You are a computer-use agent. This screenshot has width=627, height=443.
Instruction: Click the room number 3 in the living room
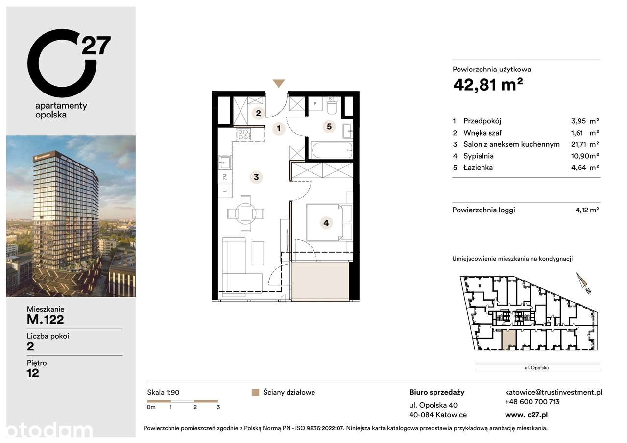(256, 177)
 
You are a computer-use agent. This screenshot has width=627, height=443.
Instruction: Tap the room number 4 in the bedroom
(326, 223)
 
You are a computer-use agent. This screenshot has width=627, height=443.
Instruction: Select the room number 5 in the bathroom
(329, 127)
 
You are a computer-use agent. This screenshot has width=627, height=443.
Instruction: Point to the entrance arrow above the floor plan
(279, 83)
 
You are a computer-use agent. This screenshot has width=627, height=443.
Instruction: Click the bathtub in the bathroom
(332, 150)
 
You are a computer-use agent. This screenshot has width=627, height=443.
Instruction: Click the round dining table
(245, 213)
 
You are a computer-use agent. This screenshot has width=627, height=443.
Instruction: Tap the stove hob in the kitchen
(243, 134)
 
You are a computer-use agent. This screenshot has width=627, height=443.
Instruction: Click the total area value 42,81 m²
(488, 85)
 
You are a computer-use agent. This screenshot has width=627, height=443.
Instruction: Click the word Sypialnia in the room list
(479, 156)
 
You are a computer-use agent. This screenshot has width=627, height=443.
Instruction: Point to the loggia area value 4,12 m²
(587, 210)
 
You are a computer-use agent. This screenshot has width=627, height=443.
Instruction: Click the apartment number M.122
(46, 320)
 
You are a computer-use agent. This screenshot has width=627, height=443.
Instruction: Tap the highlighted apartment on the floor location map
(509, 339)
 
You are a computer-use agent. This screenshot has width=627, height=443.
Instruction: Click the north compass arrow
(583, 282)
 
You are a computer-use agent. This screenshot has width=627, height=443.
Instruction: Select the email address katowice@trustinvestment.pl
(554, 392)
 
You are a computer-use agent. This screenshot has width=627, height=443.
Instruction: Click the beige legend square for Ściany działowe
(255, 392)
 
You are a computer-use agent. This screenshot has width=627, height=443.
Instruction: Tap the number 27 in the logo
(96, 45)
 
